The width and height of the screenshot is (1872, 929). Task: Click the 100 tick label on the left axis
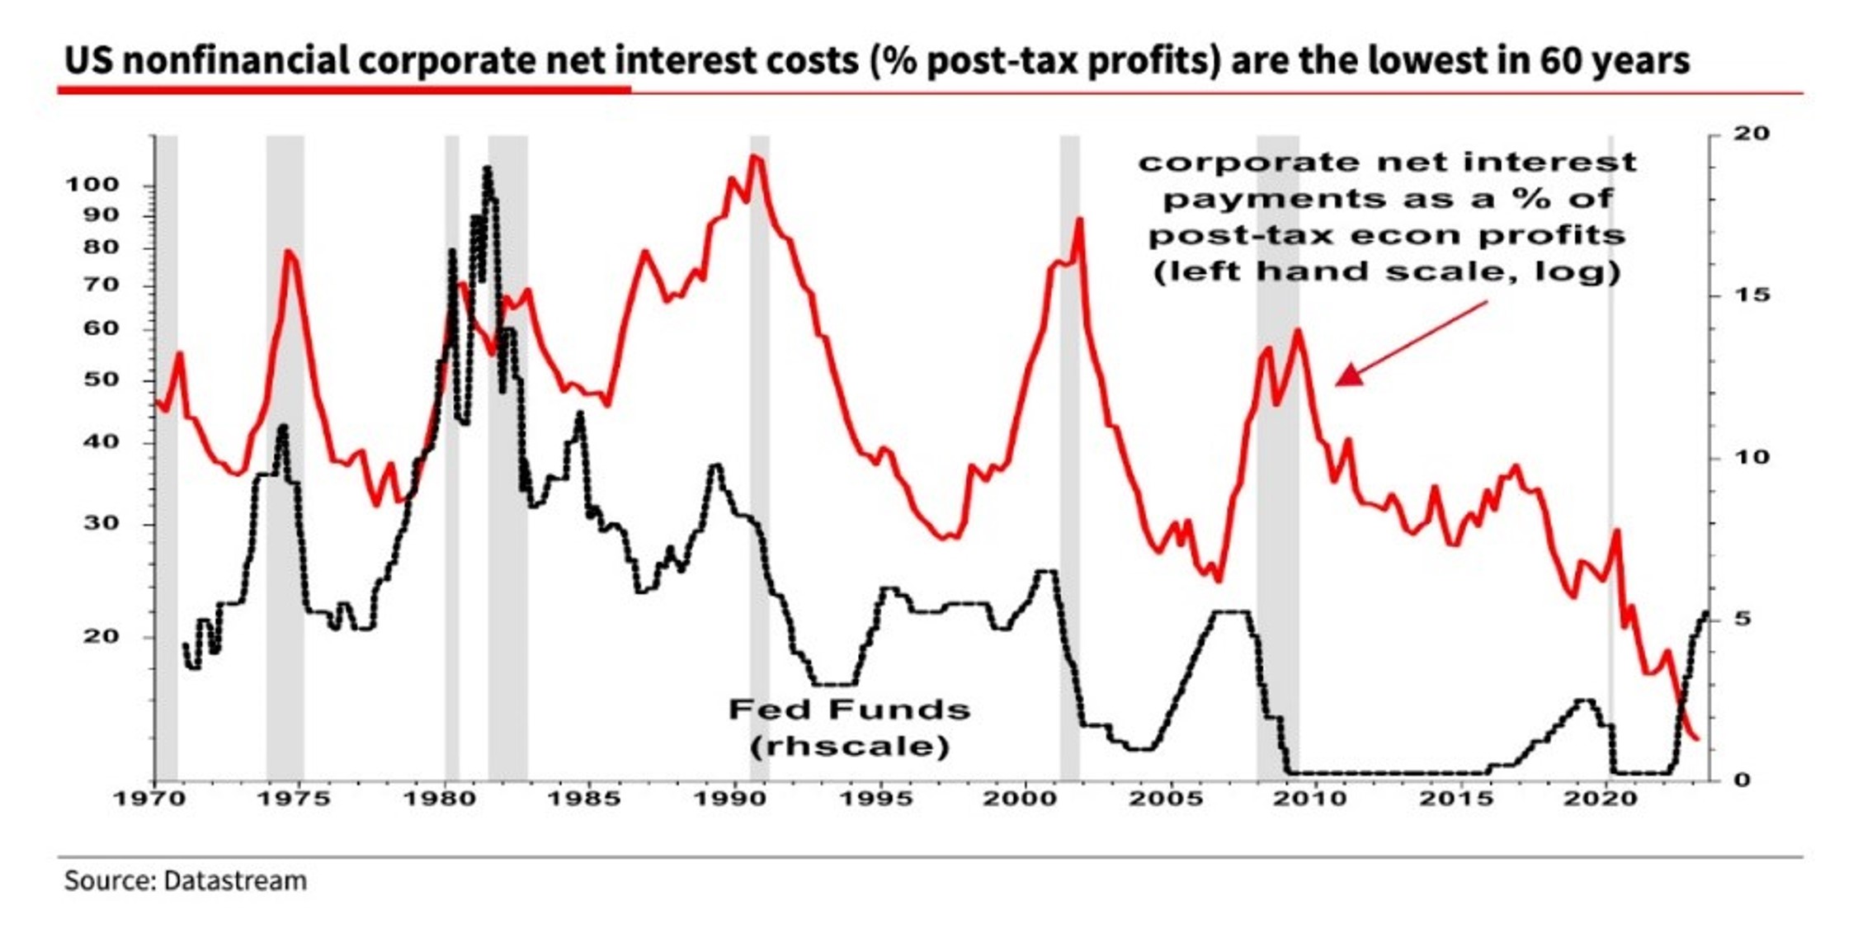coord(92,185)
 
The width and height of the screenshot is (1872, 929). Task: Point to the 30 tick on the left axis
coord(102,524)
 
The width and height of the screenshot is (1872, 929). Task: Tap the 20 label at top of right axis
coord(1749,134)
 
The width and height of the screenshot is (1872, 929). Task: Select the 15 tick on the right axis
coord(1749,295)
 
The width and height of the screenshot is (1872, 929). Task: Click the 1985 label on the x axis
coord(583,799)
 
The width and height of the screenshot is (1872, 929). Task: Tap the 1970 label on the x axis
coord(147,799)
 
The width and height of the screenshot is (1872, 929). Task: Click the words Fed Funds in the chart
coord(849,710)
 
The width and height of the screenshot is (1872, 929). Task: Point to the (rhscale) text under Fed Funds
coord(850,747)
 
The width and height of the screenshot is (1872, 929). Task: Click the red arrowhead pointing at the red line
coord(1348,377)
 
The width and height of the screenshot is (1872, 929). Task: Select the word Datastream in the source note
coord(235,881)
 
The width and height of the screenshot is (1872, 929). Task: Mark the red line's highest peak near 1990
coord(755,157)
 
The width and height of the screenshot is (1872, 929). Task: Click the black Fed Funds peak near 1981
coord(488,170)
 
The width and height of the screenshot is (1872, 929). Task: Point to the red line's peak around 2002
coord(1080,220)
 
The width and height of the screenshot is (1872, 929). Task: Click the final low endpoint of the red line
coord(1696,738)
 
